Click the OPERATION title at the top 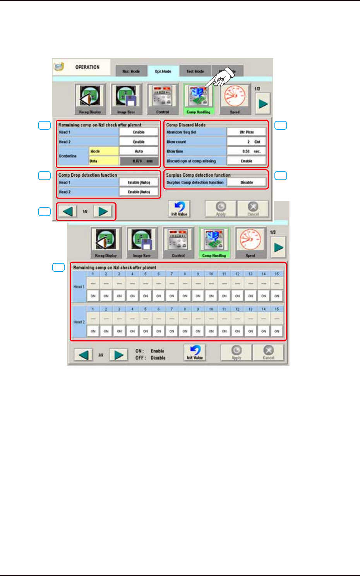87,67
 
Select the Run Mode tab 131,71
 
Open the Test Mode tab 195,71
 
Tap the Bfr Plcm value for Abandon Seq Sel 247,132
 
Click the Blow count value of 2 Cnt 247,142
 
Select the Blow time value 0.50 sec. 247,151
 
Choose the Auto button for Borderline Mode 139,151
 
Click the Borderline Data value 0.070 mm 139,161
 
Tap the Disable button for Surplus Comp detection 247,182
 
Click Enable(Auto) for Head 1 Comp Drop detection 139,182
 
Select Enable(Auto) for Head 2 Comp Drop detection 139,192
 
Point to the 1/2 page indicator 85,211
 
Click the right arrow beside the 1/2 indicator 103,211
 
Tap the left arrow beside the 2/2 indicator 83,355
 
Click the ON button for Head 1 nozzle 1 93,296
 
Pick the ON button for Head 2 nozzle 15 277,331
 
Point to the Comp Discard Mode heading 186,125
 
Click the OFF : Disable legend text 150,358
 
